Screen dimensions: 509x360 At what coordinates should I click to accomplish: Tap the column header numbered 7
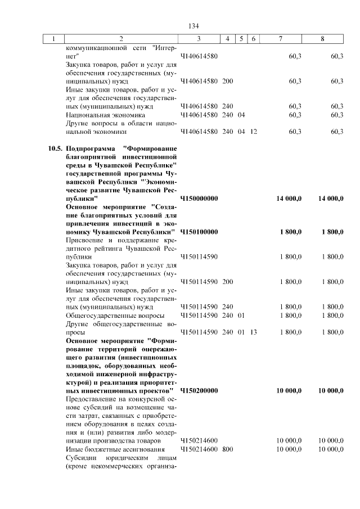click(x=280, y=39)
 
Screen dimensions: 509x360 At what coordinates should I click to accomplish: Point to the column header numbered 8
click(x=322, y=39)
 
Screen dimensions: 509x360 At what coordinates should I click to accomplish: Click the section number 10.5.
click(x=55, y=148)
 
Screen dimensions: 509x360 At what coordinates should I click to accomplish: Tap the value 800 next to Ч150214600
click(x=227, y=449)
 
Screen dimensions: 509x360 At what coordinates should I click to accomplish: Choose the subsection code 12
click(x=254, y=132)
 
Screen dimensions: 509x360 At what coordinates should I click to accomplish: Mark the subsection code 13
click(x=254, y=332)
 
